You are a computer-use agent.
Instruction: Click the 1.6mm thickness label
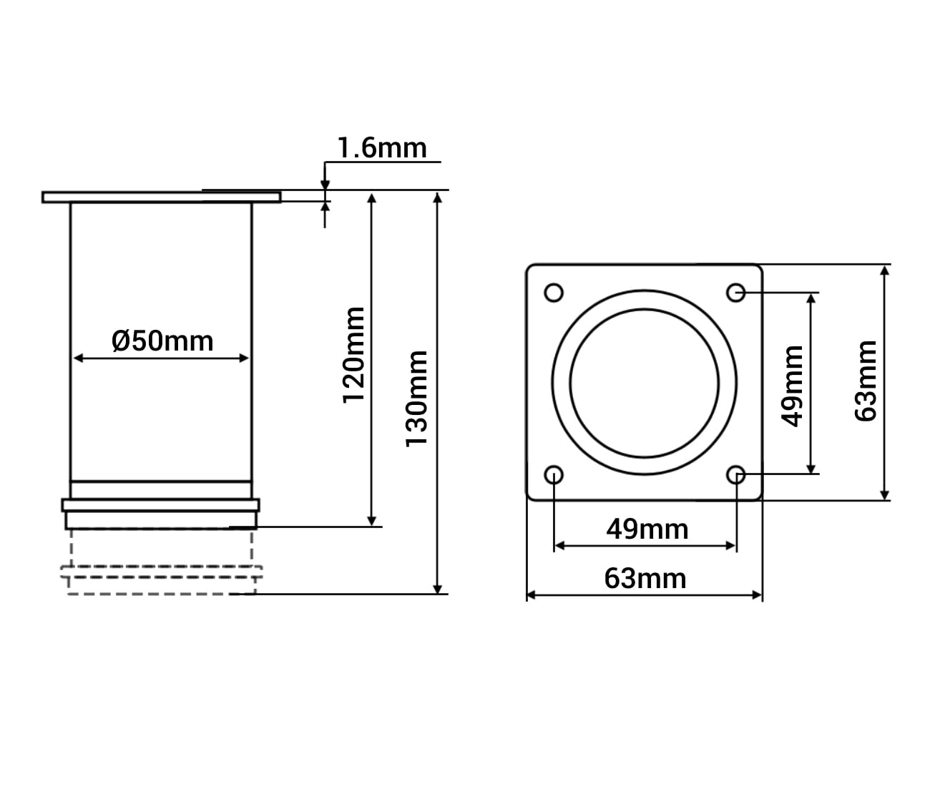[382, 148]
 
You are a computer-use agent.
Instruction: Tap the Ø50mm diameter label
[162, 341]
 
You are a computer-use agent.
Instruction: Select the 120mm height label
[353, 355]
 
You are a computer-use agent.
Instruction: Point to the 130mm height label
[416, 399]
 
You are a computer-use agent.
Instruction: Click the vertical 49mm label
[792, 386]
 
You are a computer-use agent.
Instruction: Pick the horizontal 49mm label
[647, 529]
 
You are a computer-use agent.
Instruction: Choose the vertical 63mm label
[866, 381]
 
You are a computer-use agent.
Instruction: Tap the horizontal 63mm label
[645, 579]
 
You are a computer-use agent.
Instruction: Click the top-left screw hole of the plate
[554, 293]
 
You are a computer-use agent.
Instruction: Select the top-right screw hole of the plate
[736, 293]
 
